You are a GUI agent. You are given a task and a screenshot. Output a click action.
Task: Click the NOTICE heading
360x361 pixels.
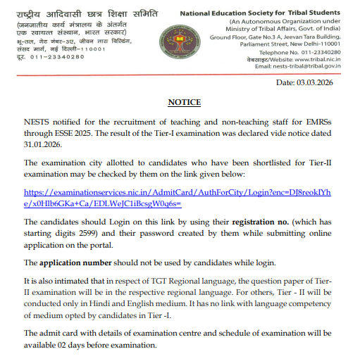point(184,101)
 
